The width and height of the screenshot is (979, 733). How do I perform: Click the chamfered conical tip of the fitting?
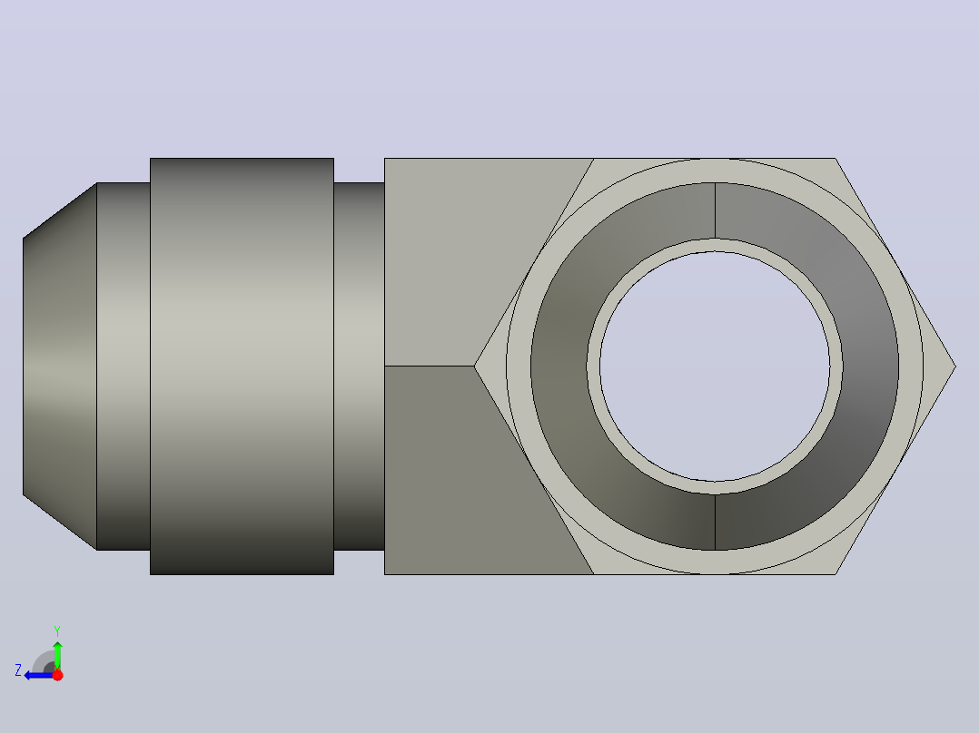coord(60,366)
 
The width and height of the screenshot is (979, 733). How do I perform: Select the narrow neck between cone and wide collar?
coord(124,366)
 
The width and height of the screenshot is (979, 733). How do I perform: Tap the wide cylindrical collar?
coord(242,366)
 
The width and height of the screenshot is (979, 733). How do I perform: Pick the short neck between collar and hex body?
coord(359,366)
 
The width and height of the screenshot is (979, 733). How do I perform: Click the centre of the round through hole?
coord(715,366)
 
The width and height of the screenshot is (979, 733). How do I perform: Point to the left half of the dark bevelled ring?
coord(562,366)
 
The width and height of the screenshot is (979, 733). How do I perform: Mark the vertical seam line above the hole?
coord(715,210)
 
